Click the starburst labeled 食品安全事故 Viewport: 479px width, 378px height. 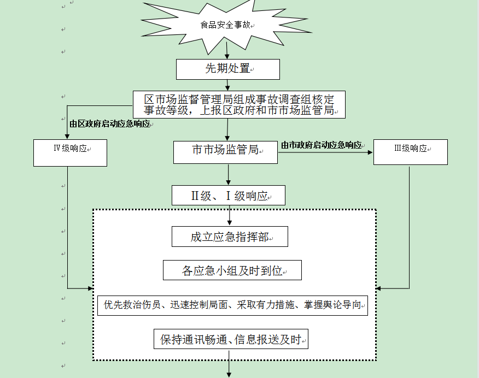(x=226, y=25)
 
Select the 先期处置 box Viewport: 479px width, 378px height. (x=228, y=69)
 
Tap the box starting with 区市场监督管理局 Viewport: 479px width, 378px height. (x=239, y=105)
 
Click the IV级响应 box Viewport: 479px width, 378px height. (x=70, y=153)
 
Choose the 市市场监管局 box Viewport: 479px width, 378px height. (x=225, y=152)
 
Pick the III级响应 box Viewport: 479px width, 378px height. (x=411, y=152)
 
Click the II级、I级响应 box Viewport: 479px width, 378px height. (x=229, y=195)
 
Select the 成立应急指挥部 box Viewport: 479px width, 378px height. (x=230, y=237)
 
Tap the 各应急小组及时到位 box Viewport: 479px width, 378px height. (x=232, y=270)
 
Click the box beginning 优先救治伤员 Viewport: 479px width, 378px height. (x=232, y=305)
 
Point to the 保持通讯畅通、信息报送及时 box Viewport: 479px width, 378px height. (x=231, y=339)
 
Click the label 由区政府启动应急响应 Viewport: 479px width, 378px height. (x=110, y=124)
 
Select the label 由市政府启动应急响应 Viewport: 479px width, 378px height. (x=322, y=145)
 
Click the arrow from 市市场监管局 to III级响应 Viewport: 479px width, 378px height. (x=325, y=152)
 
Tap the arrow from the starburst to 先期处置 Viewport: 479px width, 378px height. (x=227, y=50)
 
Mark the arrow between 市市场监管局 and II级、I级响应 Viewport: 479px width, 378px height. (x=228, y=174)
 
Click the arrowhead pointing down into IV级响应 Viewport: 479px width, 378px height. (x=67, y=137)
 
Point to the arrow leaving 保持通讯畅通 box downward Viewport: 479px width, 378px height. (x=229, y=364)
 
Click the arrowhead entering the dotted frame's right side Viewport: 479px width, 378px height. (x=378, y=288)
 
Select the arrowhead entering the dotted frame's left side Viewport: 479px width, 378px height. (x=90, y=288)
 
